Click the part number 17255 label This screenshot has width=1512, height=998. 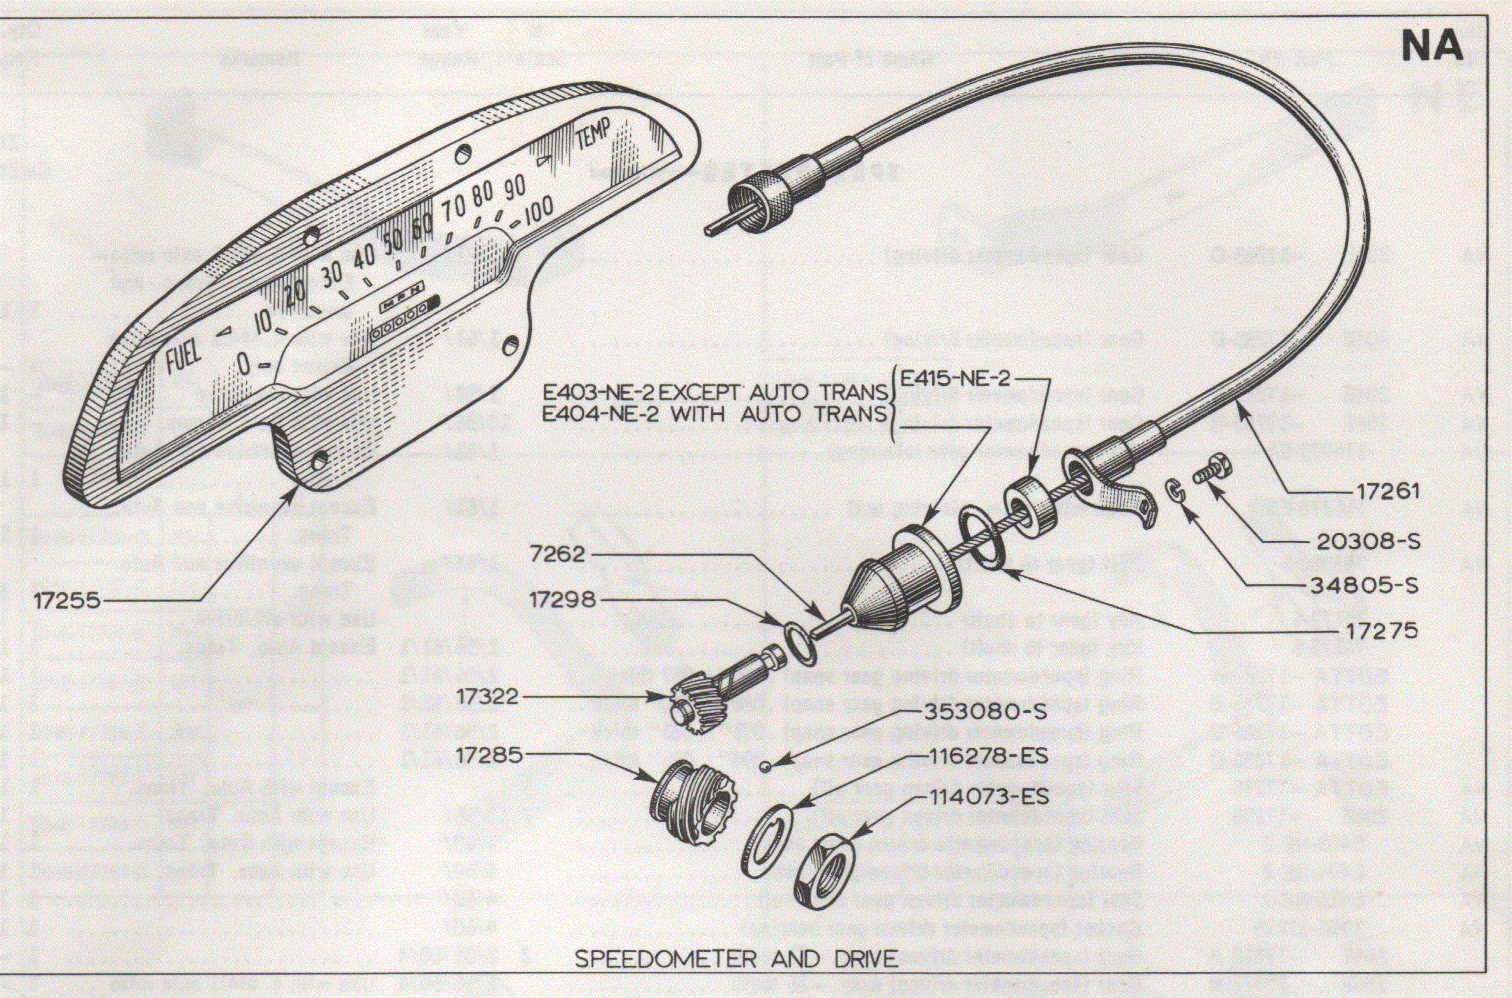click(x=67, y=601)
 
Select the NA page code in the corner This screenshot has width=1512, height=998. click(x=1431, y=47)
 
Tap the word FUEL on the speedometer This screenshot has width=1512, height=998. click(x=183, y=358)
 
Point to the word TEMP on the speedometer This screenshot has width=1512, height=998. click(x=593, y=135)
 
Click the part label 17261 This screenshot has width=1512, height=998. click(x=1388, y=492)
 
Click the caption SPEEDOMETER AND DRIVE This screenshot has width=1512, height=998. click(x=736, y=959)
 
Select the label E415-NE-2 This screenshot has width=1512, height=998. click(x=955, y=379)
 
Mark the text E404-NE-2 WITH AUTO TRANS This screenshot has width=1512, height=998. click(x=714, y=414)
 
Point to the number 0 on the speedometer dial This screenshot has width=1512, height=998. click(x=245, y=364)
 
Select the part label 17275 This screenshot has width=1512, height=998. click(x=1382, y=631)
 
